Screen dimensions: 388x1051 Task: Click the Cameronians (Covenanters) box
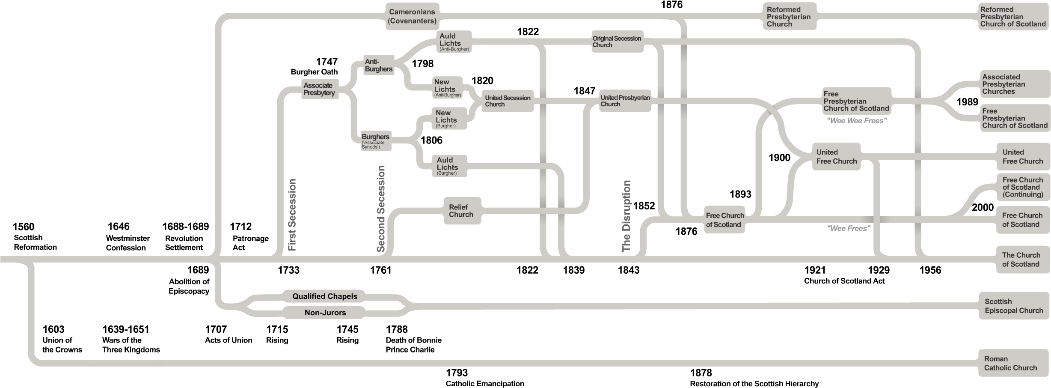click(x=412, y=16)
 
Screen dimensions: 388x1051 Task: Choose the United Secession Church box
click(x=508, y=101)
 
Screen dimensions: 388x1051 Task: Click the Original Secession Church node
click(x=617, y=42)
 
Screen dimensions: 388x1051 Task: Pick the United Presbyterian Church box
click(x=625, y=101)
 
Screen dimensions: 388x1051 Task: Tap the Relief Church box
click(x=461, y=211)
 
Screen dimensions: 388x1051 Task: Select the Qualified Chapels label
click(x=325, y=296)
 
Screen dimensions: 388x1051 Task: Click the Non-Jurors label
click(x=325, y=313)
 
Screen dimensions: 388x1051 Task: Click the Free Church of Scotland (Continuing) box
click(x=1022, y=187)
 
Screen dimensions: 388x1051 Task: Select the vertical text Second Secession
click(x=381, y=209)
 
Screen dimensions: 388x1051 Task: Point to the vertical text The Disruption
click(x=626, y=216)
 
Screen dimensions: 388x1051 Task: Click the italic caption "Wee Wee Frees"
click(x=856, y=121)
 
